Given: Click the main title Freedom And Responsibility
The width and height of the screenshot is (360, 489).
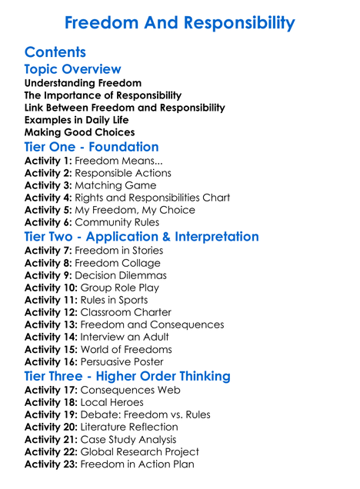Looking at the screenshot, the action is (179, 23).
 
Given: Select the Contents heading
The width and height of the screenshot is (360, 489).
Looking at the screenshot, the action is (55, 52).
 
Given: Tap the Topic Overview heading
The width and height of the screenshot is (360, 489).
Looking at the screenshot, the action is (72, 70).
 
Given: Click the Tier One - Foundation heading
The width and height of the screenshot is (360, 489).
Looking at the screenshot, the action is (92, 147).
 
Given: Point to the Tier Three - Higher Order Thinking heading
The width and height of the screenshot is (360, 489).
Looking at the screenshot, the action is (127, 376).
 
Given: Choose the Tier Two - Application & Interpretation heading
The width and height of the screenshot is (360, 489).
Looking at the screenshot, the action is (142, 236).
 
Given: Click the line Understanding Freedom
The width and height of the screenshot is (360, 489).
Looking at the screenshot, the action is (83, 83).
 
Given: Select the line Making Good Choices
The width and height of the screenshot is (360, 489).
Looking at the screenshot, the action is (79, 132).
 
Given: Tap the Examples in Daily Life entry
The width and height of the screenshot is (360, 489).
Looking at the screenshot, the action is (76, 120).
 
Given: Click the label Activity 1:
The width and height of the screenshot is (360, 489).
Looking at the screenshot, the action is (48, 161).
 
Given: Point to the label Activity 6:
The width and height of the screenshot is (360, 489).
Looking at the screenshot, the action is (48, 223).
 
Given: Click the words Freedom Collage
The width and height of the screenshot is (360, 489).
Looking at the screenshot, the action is (118, 263).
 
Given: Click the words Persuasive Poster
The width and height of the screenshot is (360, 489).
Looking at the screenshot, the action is (122, 361).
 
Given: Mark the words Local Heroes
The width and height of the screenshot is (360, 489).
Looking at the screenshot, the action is (112, 402).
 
